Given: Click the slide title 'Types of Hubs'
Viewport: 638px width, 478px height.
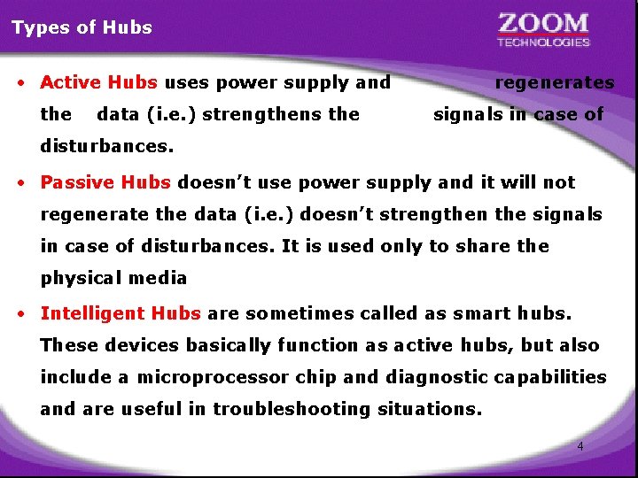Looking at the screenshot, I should (82, 27).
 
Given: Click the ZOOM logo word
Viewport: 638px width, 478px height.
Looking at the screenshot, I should (543, 23).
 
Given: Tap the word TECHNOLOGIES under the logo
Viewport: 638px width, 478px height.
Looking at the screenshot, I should (543, 42).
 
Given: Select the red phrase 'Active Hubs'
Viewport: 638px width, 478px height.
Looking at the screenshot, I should (99, 83).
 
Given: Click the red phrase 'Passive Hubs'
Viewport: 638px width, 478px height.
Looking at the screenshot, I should (105, 183).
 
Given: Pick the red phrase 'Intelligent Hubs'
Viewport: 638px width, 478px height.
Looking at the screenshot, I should (121, 313).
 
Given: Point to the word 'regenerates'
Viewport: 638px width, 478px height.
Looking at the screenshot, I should (555, 83).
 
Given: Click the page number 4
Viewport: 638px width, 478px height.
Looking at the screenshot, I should (580, 446).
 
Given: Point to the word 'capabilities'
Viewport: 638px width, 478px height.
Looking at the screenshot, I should (551, 377).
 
